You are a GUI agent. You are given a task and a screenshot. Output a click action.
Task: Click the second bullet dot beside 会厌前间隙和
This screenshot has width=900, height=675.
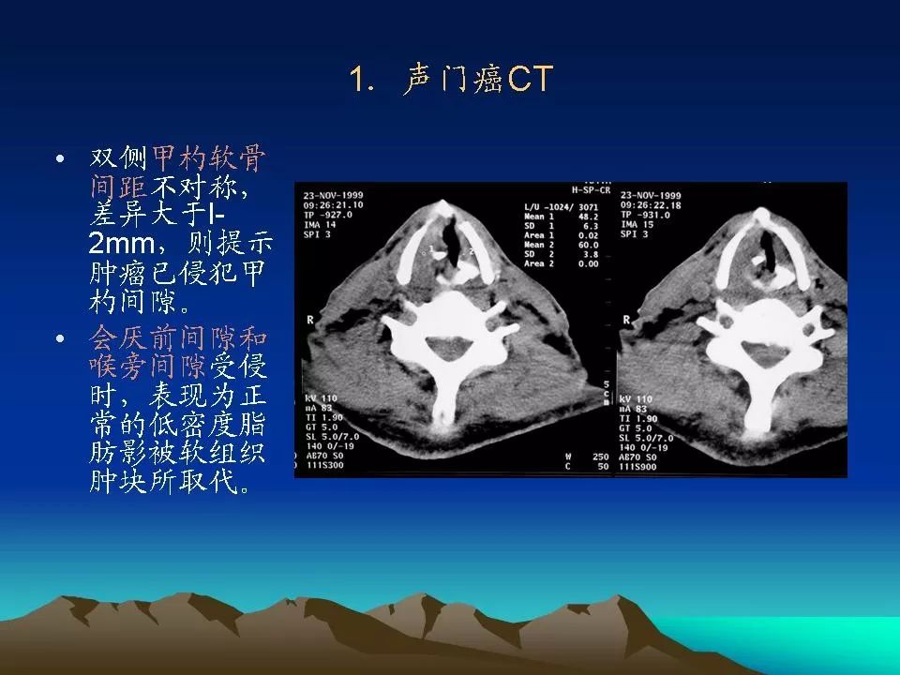(x=61, y=337)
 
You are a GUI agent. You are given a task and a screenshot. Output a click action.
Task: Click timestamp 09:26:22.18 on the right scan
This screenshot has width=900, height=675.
(x=652, y=204)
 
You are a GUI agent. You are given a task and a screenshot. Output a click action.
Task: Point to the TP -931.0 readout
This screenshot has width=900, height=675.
(x=647, y=215)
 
